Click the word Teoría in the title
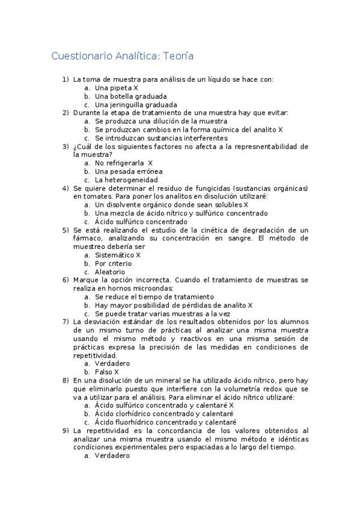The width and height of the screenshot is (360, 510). pos(177,57)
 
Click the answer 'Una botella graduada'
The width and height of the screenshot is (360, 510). pos(131,96)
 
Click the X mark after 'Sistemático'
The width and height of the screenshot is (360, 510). pos(138,255)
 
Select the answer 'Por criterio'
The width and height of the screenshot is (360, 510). pos(114,263)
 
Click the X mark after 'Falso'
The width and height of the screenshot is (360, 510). pos(117,372)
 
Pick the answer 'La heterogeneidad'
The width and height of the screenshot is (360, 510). pos(127,180)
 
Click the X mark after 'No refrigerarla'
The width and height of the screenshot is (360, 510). pos(150,163)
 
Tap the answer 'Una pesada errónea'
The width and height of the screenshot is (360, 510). pos(129,171)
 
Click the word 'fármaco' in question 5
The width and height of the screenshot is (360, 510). pos(88,238)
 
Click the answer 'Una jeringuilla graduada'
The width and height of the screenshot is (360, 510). pos(136,104)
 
